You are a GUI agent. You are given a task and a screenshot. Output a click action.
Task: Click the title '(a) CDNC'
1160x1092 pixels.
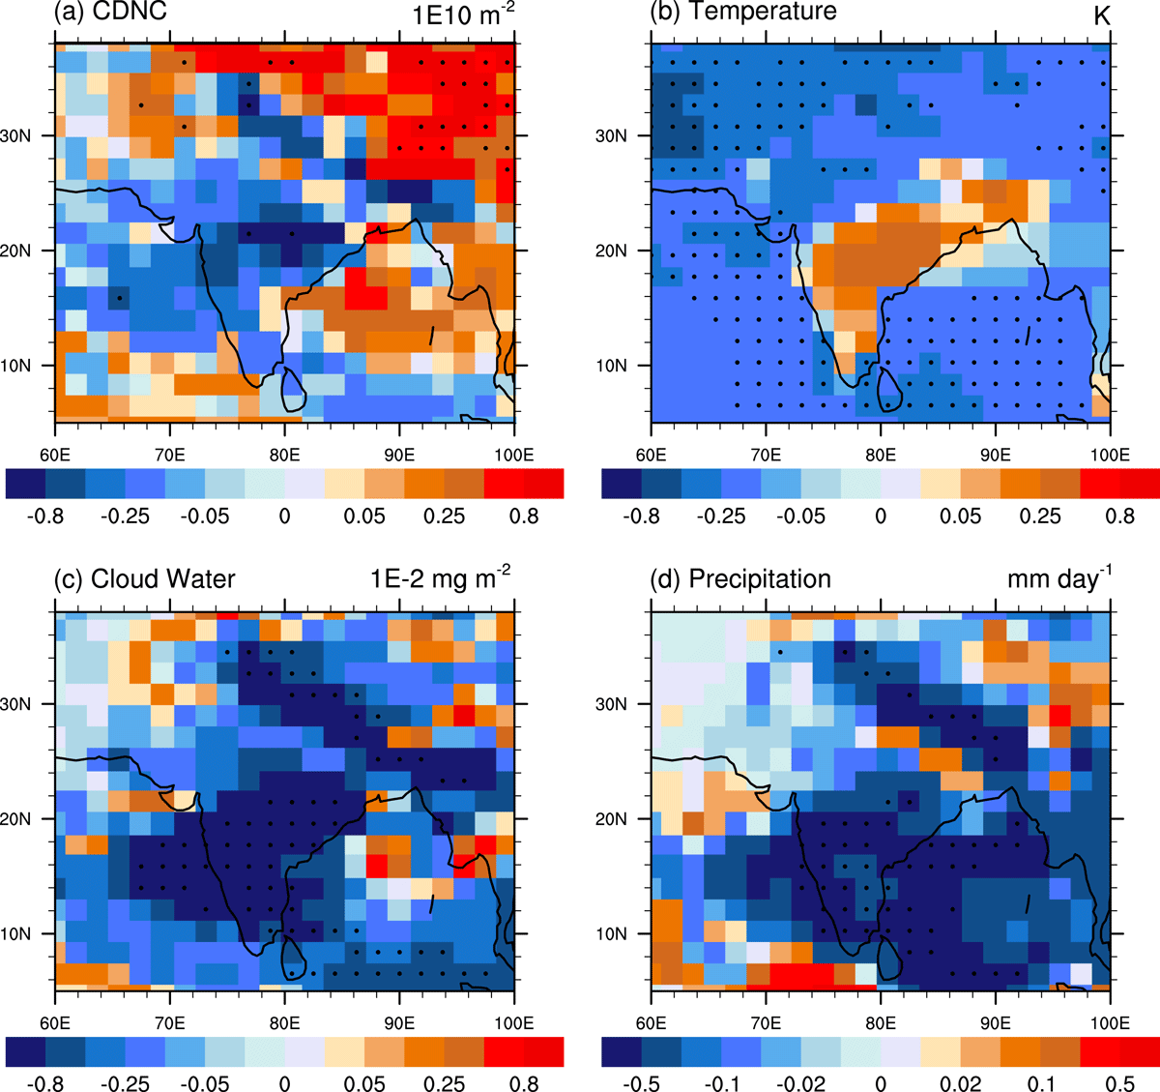[110, 11]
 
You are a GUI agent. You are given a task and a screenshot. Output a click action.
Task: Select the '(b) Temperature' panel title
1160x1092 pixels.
[743, 11]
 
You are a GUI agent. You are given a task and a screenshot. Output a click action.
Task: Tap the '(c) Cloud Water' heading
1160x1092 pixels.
[144, 578]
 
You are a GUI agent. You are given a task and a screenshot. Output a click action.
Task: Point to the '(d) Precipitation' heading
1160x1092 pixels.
[740, 578]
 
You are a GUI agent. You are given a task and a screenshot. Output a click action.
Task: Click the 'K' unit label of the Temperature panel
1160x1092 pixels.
[1101, 16]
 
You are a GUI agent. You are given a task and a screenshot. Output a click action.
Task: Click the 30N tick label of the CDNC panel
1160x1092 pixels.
[15, 135]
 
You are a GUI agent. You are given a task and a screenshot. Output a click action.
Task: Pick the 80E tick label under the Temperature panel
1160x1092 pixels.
[881, 455]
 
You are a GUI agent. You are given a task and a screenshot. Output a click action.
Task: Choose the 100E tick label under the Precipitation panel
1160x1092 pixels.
[1110, 1023]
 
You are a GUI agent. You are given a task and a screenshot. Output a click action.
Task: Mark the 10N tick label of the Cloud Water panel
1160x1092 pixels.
[15, 933]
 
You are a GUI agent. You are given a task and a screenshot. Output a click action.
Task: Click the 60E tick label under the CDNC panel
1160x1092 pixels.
[55, 455]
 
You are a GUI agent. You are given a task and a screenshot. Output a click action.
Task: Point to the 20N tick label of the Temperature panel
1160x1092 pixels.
[611, 251]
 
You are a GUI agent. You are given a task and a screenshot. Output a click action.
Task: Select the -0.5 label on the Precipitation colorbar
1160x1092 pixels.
[641, 1082]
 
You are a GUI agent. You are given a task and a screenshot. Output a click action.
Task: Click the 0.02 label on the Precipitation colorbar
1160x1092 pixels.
[960, 1082]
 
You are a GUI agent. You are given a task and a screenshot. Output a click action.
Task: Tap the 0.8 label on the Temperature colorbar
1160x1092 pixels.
[1119, 516]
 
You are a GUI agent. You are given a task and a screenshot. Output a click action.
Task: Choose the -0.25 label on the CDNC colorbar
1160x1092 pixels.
[125, 516]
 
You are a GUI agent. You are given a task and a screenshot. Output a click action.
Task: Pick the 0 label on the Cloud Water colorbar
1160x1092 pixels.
[284, 1082]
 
